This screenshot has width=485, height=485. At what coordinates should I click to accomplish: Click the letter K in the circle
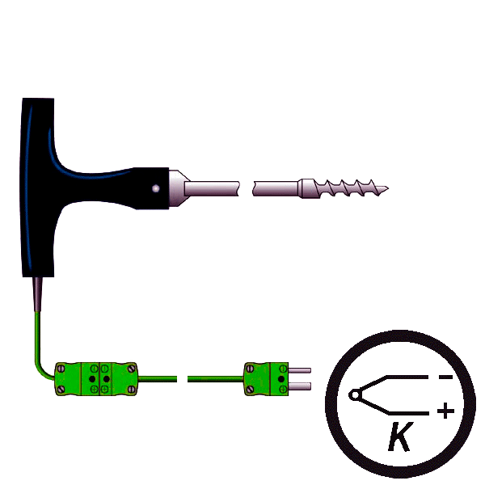pos(401,436)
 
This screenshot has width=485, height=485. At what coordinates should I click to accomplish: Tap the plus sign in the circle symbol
pos(445,411)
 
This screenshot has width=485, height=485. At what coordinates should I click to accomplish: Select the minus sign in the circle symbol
pos(445,377)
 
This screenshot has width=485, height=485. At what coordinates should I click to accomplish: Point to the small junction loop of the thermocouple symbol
pos(354,395)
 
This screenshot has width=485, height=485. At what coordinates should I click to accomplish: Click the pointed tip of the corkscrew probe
pos(388,188)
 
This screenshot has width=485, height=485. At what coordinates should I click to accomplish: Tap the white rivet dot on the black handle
pos(156,188)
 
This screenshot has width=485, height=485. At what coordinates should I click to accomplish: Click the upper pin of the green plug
pos(299,370)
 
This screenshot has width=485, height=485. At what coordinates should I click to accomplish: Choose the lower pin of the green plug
pos(299,386)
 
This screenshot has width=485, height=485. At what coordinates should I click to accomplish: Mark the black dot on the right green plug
pos(281,379)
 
